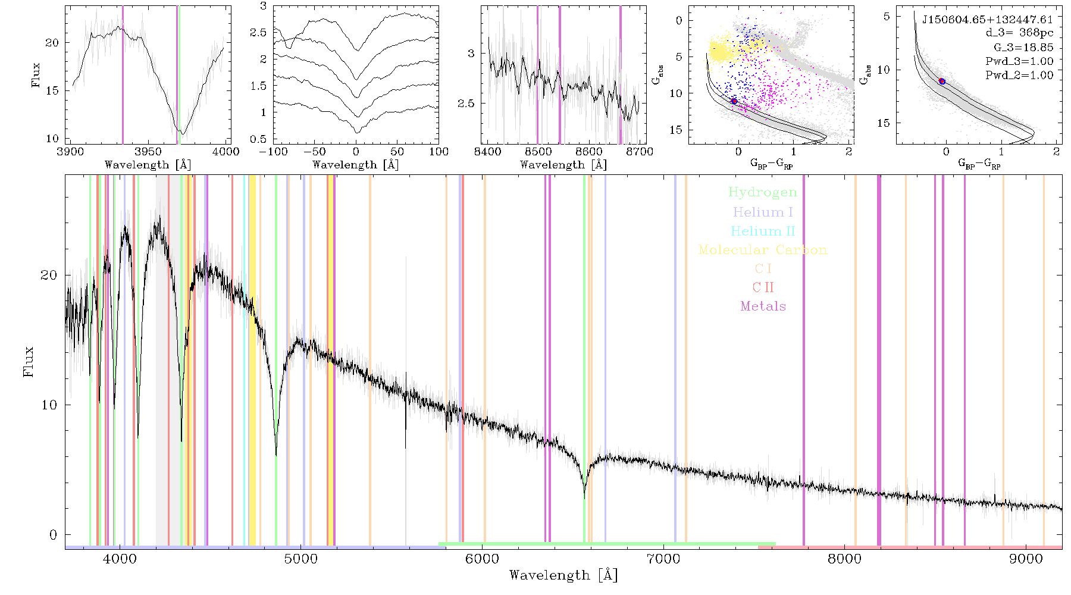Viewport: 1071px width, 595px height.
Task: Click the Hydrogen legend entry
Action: pos(763,192)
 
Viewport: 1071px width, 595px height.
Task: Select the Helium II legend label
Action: pos(763,231)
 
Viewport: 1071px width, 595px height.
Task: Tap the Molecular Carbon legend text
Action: pos(763,250)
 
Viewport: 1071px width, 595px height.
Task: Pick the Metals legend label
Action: pos(763,306)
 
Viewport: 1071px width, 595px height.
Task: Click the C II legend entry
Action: pos(763,287)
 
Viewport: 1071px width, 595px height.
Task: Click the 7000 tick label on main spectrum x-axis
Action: pos(663,559)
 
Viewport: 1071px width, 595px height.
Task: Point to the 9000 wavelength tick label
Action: pos(1025,559)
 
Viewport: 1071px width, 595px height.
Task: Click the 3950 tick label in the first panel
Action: pos(148,152)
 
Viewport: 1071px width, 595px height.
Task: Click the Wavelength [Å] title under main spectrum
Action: pos(563,575)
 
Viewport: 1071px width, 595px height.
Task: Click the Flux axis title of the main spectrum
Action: pos(28,361)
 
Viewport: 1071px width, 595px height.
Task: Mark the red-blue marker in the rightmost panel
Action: pos(942,81)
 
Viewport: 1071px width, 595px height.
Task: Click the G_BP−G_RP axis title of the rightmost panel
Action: pos(979,164)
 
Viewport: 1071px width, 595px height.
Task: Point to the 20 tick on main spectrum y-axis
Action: pos(49,275)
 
